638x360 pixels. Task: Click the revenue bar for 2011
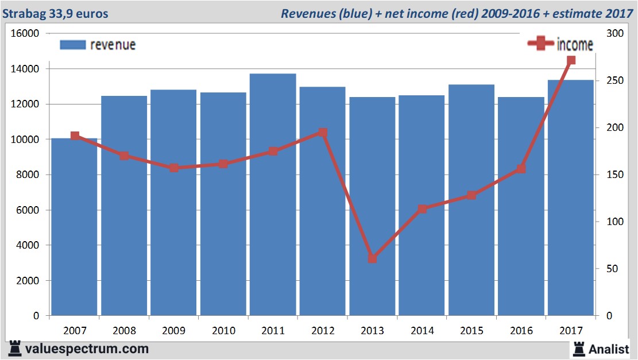pyautogui.click(x=273, y=195)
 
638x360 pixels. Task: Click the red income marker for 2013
pyautogui.click(x=372, y=259)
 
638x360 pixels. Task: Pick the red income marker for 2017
pyautogui.click(x=571, y=60)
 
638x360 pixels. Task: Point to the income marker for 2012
pyautogui.click(x=323, y=133)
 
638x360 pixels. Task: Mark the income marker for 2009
pyautogui.click(x=174, y=168)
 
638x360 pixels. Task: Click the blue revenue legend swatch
pyautogui.click(x=72, y=45)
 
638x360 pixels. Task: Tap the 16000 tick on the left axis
pyautogui.click(x=25, y=33)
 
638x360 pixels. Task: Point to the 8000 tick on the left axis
pyautogui.click(x=28, y=175)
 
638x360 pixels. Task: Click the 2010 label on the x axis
pyautogui.click(x=224, y=331)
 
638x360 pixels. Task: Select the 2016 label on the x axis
pyautogui.click(x=521, y=331)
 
